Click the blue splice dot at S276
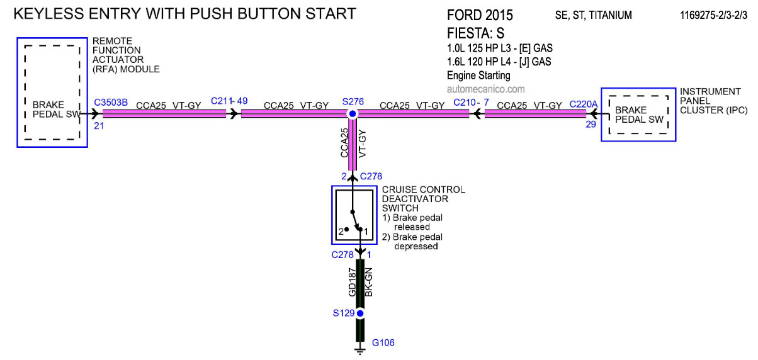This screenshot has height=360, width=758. click(x=353, y=114)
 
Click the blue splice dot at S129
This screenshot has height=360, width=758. click(x=360, y=313)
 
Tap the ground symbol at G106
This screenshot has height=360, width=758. click(x=360, y=351)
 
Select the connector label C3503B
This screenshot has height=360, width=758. click(x=111, y=103)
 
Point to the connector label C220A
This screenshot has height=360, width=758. click(x=584, y=104)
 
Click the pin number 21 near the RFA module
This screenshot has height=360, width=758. click(x=99, y=126)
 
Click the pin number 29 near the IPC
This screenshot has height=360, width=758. click(x=591, y=125)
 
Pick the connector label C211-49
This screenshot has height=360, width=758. click(x=229, y=101)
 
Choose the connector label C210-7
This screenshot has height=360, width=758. click(x=471, y=102)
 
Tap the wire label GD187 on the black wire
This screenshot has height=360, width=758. click(x=352, y=282)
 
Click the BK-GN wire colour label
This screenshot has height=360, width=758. click(x=368, y=282)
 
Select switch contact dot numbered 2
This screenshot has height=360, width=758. click(x=346, y=229)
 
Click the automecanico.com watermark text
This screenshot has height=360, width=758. click(x=485, y=89)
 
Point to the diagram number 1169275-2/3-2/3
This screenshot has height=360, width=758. click(x=714, y=15)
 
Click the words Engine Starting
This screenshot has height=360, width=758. click(x=478, y=75)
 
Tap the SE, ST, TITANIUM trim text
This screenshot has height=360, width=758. click(x=593, y=15)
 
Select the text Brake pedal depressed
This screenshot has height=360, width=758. click(x=412, y=242)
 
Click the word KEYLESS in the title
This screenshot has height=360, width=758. click(x=48, y=14)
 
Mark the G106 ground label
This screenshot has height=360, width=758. click(x=383, y=343)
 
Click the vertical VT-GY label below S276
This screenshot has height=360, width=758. click(x=362, y=143)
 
